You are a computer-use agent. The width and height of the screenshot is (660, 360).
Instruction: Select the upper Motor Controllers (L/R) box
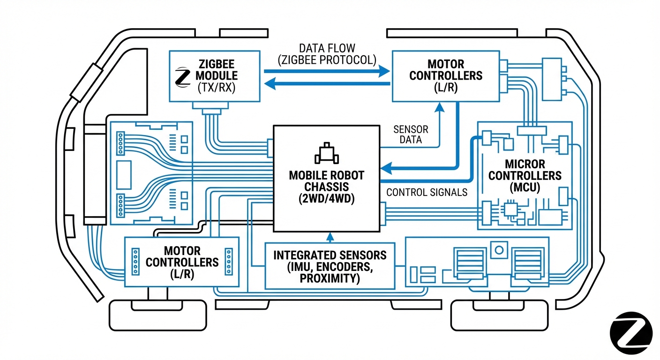445,75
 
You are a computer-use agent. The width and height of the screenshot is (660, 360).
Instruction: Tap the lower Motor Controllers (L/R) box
182,262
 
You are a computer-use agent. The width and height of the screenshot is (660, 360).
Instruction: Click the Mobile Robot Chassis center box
326,178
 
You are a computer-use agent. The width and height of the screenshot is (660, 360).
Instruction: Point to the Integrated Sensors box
330,266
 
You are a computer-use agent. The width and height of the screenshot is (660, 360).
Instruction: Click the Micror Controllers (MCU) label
525,176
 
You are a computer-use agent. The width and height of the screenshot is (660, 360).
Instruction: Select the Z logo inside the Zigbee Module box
181,77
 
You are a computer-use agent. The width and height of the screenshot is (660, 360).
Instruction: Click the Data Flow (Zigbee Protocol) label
327,54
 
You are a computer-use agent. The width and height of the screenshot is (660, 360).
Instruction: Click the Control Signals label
427,192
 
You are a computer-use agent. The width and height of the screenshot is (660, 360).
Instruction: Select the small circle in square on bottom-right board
499,249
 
